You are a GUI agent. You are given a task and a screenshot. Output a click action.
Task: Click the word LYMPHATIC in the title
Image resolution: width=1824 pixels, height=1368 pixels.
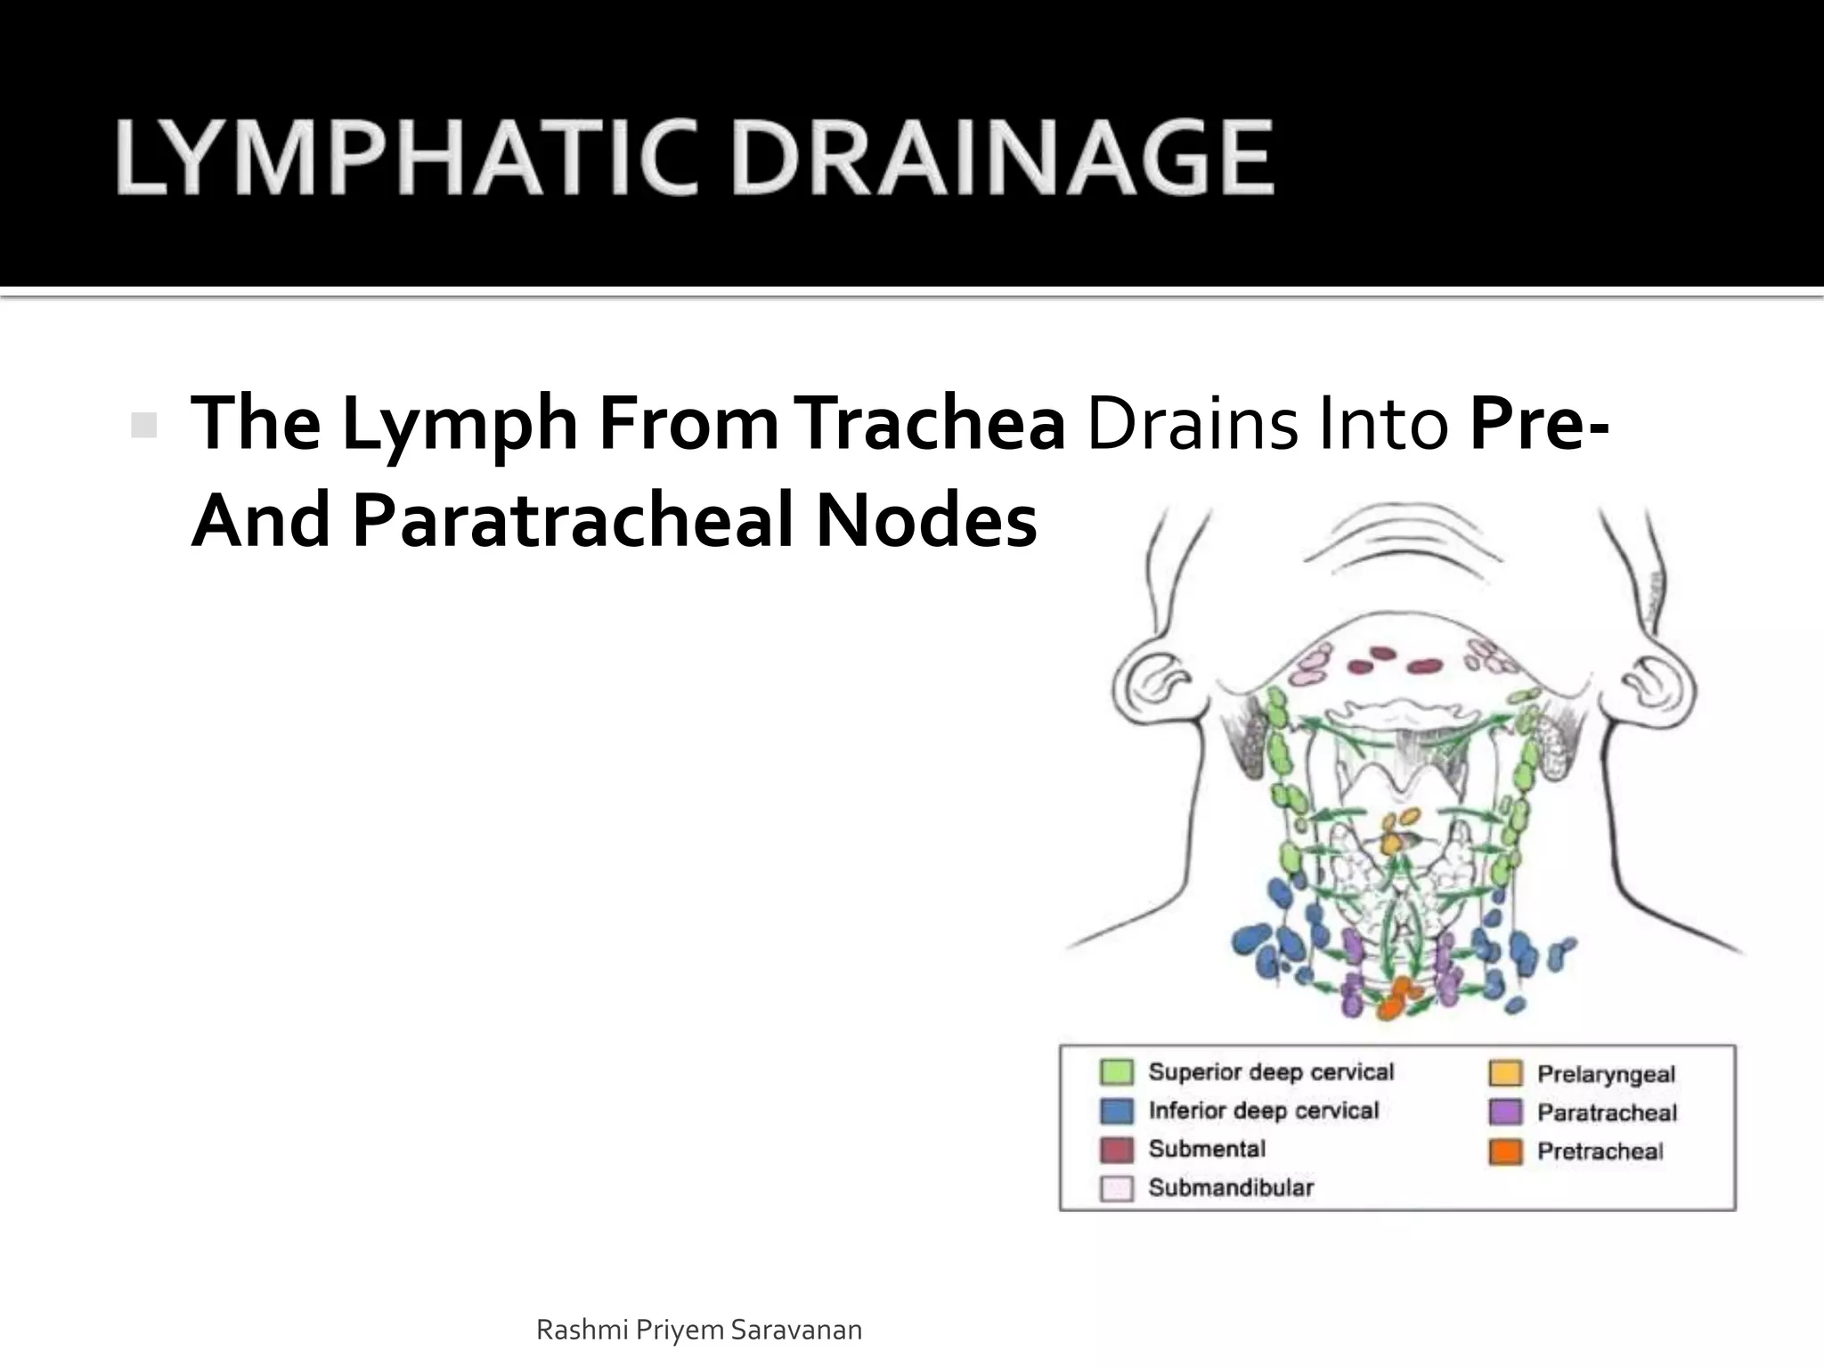pos(405,159)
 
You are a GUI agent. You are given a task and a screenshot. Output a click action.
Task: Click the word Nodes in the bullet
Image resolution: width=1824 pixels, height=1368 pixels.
pos(926,520)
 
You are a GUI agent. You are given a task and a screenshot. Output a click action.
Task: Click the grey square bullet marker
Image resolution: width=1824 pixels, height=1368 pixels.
pos(143,425)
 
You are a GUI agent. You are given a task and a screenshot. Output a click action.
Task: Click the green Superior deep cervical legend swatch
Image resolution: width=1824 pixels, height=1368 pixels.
pos(1117,1072)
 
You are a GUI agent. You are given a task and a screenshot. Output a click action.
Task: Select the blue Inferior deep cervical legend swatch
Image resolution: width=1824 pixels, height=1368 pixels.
pos(1117,1111)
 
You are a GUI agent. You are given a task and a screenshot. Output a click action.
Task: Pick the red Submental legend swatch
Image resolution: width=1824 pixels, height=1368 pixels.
pos(1117,1150)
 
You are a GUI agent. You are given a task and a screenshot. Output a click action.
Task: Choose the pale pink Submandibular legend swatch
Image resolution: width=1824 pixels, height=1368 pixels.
pos(1117,1188)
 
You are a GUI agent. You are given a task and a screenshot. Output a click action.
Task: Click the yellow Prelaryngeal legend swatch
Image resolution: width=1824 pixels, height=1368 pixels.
pos(1505,1073)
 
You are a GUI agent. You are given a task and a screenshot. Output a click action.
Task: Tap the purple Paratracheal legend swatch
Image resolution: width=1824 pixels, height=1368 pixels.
pos(1505,1112)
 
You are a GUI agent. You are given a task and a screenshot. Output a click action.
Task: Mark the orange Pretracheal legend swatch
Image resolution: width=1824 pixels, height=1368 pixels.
pos(1505,1152)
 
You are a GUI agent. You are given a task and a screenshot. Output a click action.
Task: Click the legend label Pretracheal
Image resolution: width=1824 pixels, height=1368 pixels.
pos(1600,1152)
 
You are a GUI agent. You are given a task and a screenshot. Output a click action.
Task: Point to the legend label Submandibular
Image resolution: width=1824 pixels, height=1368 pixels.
pos(1231,1188)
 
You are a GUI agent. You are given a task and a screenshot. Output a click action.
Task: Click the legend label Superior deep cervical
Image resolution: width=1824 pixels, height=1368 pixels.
pos(1271,1072)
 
